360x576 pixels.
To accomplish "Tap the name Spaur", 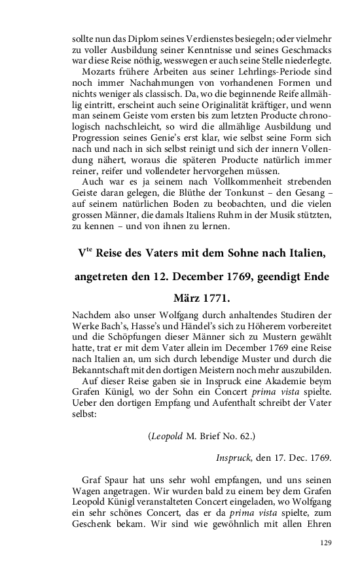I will coord(117,482).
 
